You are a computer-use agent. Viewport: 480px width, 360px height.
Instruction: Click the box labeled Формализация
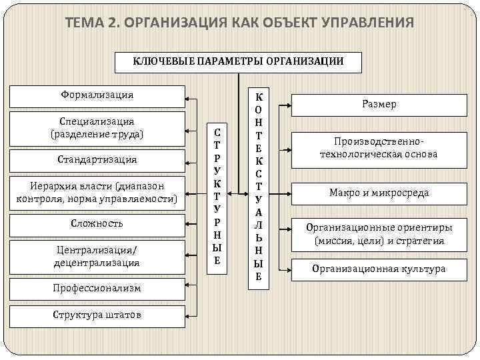97,95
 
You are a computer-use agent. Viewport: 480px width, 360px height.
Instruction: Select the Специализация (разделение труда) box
97,127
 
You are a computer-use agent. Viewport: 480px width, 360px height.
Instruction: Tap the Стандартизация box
97,160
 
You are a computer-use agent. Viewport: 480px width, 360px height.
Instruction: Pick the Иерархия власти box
97,192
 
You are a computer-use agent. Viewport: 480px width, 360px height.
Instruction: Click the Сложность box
97,223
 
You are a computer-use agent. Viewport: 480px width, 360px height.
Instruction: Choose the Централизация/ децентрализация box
97,256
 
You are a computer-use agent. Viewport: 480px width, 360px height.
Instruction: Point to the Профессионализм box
97,289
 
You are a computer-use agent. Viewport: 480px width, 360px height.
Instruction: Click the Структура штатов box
97,315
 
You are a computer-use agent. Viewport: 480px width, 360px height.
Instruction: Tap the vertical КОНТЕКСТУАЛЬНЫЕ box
258,187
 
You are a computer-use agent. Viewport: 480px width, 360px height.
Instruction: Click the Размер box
379,105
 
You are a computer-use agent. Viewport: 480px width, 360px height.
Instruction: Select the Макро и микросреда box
379,193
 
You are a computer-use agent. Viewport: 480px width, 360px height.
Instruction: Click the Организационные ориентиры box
379,233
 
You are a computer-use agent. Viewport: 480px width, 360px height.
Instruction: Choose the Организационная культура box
379,269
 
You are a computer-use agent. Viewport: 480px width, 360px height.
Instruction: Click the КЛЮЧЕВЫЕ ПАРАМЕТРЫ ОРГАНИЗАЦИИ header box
238,61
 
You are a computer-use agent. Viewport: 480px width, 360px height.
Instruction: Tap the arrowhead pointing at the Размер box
287,105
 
